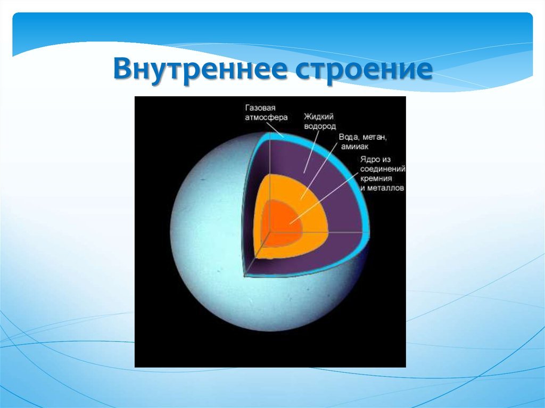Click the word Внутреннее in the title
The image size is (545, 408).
200,69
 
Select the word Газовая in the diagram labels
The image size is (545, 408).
260,108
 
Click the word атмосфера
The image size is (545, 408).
266,118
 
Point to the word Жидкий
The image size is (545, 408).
319,116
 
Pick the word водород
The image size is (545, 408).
320,126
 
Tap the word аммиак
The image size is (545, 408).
354,147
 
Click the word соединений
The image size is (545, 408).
383,169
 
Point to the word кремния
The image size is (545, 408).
376,179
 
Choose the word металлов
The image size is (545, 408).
385,188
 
